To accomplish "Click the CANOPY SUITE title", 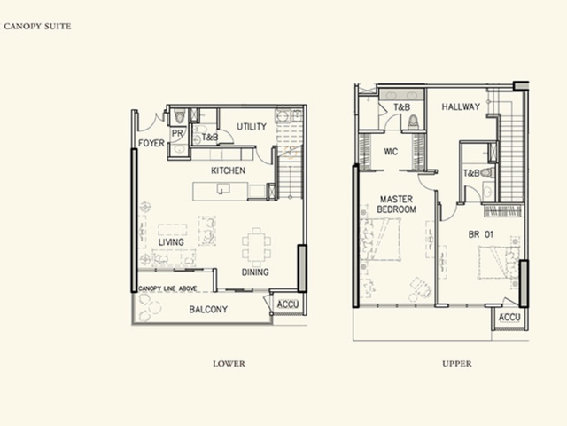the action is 37,26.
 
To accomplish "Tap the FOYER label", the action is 151,143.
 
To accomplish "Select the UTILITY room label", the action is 252,126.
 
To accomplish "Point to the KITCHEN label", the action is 229,170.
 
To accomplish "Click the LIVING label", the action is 171,242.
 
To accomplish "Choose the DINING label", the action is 255,272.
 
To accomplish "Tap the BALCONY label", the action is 208,310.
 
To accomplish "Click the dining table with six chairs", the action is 256,248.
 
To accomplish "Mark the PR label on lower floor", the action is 177,133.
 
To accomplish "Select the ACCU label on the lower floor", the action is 288,304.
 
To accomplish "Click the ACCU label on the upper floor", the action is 509,318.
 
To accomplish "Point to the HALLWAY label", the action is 461,106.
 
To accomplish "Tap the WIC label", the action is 391,152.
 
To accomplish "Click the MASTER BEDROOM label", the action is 396,204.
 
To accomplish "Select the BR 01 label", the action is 480,234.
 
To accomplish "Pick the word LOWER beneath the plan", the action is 229,364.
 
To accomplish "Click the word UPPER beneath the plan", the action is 457,364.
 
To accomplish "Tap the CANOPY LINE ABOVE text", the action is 167,288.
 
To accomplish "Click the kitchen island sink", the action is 223,188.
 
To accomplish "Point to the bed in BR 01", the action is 498,263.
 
